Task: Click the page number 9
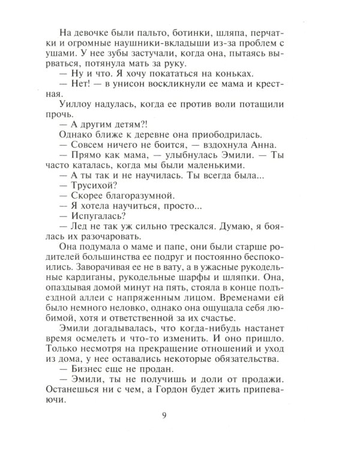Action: (x=180, y=415)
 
